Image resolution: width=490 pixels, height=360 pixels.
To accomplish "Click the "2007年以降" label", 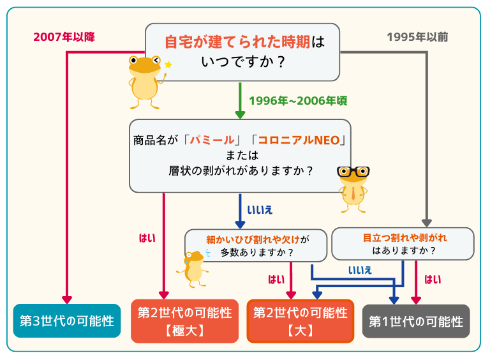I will (64, 37).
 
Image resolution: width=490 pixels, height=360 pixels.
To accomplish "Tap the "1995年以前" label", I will (417, 37).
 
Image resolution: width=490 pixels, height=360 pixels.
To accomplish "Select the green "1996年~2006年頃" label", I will (297, 101).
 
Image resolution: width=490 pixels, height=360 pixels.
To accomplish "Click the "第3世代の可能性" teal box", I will (66, 320).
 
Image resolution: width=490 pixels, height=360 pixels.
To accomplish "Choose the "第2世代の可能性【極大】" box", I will (184, 321).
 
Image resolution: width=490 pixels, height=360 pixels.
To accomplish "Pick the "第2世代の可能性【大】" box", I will (300, 321).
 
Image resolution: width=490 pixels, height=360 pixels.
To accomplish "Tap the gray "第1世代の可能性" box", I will (416, 321).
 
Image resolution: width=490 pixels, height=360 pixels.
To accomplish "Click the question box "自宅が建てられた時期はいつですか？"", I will (242, 52).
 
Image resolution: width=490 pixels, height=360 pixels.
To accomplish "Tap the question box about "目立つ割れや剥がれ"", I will (403, 244).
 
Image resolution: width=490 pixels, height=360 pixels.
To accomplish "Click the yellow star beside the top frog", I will (168, 64).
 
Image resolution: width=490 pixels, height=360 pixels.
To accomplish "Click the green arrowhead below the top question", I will (241, 114).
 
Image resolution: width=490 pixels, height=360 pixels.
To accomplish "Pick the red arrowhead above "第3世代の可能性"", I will (66, 299).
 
